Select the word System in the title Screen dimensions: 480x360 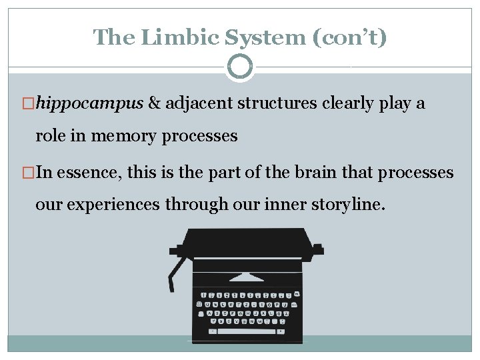255,37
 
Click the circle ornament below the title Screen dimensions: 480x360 240,67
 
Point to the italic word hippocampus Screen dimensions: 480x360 90,104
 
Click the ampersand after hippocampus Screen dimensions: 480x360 154,104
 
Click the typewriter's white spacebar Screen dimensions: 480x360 246,331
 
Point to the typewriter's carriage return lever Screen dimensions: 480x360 175,273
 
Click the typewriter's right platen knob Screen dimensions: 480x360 318,250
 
